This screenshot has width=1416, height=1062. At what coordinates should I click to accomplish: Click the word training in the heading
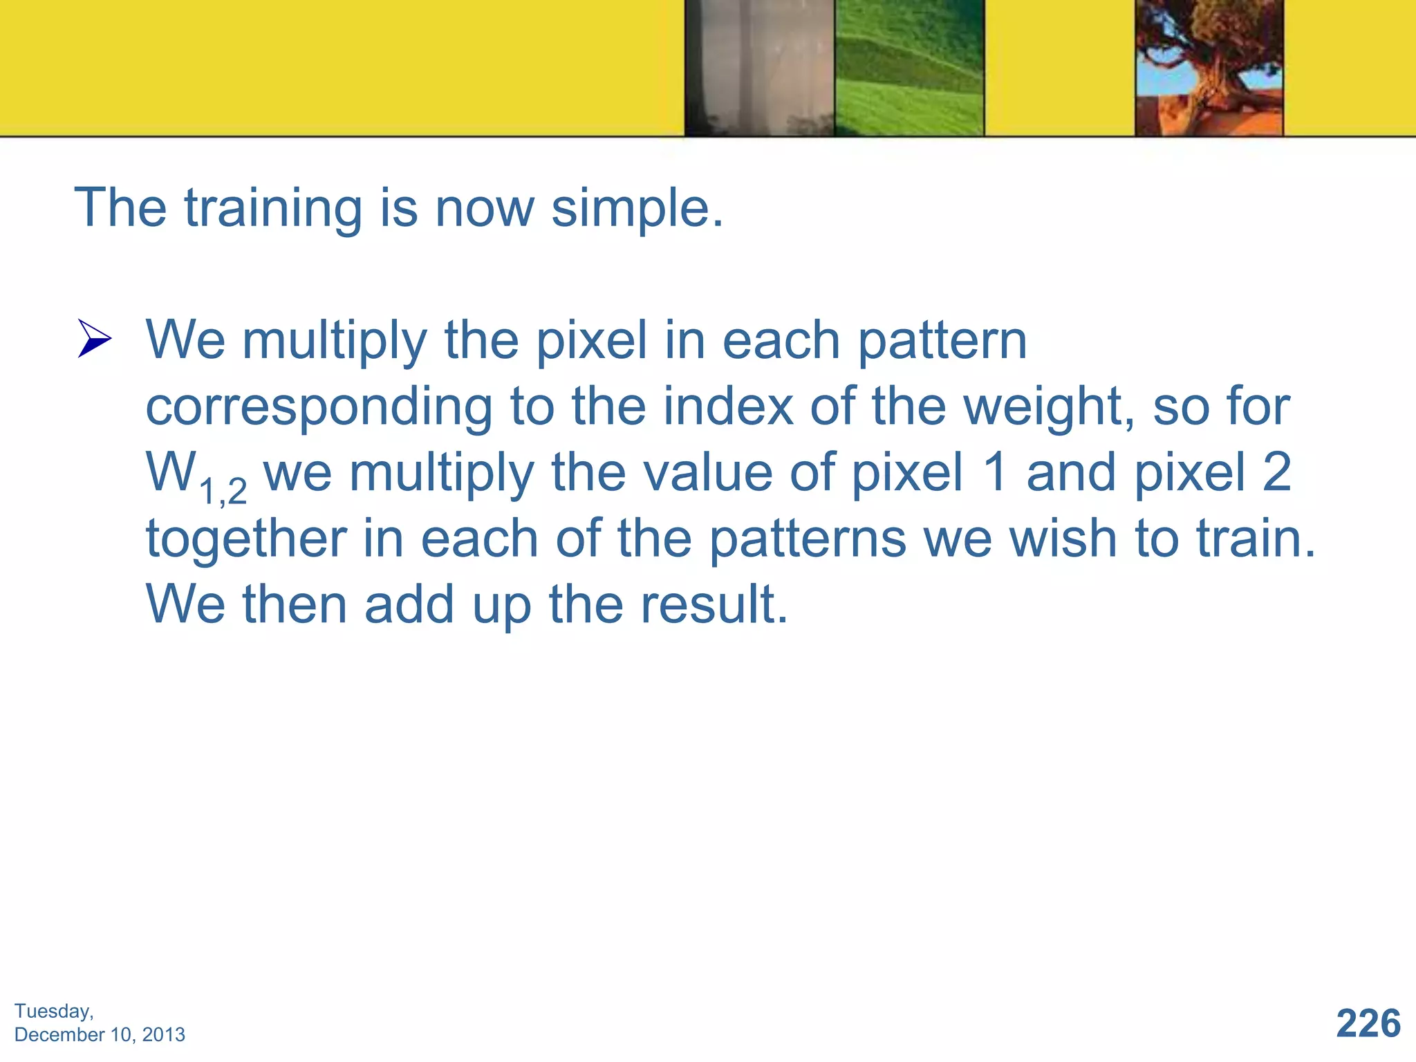tap(272, 208)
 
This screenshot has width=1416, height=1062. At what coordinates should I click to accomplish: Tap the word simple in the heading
tap(636, 208)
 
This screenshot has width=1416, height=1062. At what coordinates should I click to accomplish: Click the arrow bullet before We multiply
tap(94, 338)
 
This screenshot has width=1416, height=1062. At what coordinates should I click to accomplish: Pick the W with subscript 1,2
tap(195, 475)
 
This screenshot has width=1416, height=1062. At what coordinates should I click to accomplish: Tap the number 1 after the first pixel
tap(995, 473)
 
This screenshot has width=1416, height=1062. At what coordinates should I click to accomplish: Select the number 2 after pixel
tap(1276, 473)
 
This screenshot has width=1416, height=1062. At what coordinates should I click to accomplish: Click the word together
tap(246, 539)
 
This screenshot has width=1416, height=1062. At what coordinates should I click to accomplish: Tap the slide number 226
tap(1368, 1023)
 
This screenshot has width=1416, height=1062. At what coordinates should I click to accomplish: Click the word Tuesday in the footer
tap(54, 1012)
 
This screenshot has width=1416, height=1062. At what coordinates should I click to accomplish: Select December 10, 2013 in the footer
tap(100, 1035)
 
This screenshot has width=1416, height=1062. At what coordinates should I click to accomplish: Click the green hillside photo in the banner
tap(909, 68)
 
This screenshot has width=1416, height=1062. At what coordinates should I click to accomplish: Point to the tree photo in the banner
tap(1209, 68)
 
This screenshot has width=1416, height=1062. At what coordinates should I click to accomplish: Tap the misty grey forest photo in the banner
tap(759, 68)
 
